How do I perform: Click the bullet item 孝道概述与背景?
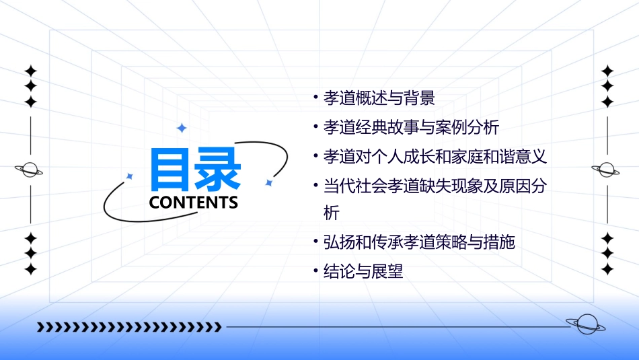(x=379, y=98)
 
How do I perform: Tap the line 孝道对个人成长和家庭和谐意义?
(x=435, y=157)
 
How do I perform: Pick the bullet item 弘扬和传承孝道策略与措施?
(x=419, y=242)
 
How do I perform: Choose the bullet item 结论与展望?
(x=363, y=272)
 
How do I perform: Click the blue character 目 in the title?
(x=171, y=169)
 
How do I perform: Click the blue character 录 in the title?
(x=218, y=169)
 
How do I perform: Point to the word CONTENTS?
(x=194, y=202)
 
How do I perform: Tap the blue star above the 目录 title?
(x=181, y=128)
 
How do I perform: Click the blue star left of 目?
(x=130, y=176)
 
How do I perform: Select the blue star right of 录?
(x=268, y=182)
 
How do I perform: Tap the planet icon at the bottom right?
(x=585, y=325)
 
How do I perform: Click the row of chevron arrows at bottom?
(x=129, y=327)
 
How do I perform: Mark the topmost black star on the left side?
(x=30, y=70)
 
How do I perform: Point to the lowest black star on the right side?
(x=607, y=269)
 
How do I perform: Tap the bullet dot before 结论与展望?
(x=315, y=271)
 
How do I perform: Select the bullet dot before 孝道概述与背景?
(x=315, y=98)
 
